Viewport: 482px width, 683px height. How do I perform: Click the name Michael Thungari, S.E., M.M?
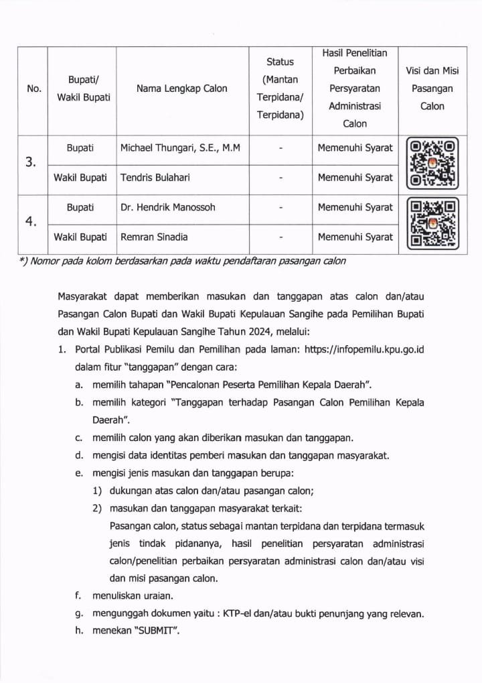[x=182, y=148]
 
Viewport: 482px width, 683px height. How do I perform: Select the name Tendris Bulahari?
[x=152, y=178]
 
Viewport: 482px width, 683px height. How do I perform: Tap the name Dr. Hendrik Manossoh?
[x=168, y=207]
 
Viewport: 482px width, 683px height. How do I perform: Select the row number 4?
[x=31, y=222]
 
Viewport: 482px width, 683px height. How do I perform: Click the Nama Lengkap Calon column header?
[x=181, y=88]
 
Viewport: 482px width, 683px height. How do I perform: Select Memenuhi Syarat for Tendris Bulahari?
[x=355, y=178]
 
